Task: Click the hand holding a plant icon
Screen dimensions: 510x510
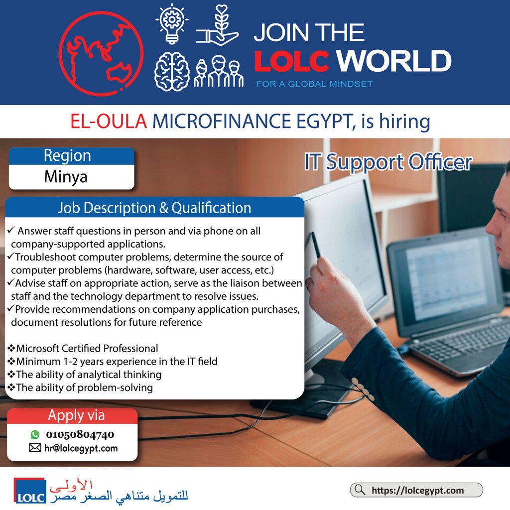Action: [x=217, y=25]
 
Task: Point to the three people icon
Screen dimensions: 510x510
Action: [x=219, y=72]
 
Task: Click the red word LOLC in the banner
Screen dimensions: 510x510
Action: [x=291, y=61]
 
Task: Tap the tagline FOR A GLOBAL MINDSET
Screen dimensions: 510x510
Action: [x=315, y=84]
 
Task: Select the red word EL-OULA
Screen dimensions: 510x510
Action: [x=109, y=122]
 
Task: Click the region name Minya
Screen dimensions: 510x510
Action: [x=66, y=177]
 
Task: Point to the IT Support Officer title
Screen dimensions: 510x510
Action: [x=388, y=162]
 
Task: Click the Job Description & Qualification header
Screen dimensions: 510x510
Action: [x=154, y=208]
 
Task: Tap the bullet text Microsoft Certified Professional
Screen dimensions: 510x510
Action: [x=87, y=348]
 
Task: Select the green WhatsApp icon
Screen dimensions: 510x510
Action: [x=35, y=434]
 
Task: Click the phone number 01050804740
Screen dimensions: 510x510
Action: [x=80, y=434]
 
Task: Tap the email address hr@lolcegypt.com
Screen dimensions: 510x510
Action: [x=81, y=448]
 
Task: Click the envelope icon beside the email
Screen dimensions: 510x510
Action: [x=35, y=448]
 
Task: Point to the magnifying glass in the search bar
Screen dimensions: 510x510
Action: [x=360, y=490]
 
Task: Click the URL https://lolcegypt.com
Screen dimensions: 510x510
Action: [x=418, y=490]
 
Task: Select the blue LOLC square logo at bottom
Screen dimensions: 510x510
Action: [x=29, y=491]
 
